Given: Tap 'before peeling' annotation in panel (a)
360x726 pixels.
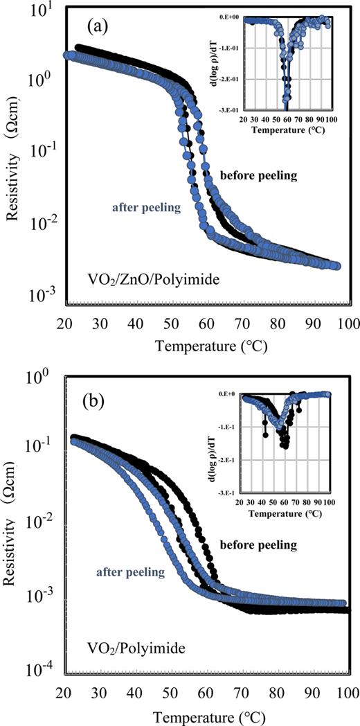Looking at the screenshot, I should click(x=258, y=175).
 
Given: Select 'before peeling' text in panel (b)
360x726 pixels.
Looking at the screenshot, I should click(x=258, y=545).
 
